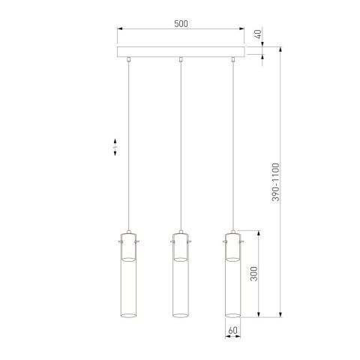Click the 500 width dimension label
coord(180,23)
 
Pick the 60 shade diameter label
coord(232,328)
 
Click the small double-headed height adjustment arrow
coord(114,145)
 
